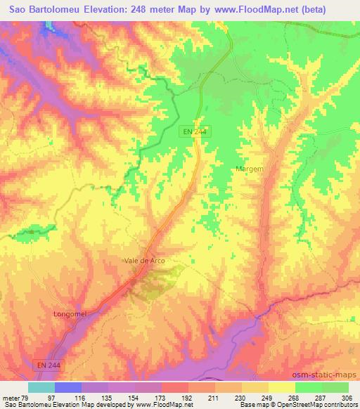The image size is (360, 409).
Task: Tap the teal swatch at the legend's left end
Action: (x=41, y=387)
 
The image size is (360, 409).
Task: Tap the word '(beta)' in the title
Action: (x=337, y=9)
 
